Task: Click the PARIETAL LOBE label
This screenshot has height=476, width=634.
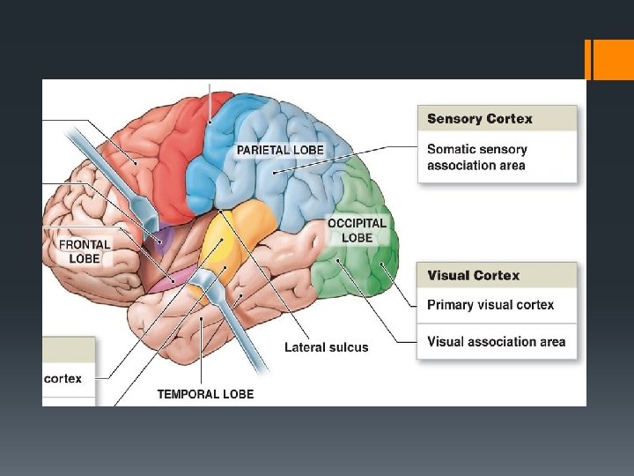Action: pos(279,150)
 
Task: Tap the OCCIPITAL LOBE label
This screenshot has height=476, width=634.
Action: pos(357,231)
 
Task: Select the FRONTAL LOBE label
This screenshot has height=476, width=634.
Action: pos(85,251)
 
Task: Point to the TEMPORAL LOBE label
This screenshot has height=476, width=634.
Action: pos(205,394)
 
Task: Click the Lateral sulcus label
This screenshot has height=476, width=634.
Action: pos(326,347)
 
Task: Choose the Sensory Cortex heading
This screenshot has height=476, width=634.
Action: pos(479,119)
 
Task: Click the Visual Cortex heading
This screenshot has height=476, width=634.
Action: pos(473,275)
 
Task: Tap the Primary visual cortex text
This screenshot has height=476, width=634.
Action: pos(490,305)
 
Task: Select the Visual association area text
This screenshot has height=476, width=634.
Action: pos(496,341)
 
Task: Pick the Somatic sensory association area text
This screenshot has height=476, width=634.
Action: pos(477,158)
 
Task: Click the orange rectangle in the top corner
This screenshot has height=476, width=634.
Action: pos(607,58)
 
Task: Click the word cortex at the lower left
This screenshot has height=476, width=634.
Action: pos(63,378)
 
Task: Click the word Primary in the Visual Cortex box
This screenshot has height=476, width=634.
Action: pos(452,305)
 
